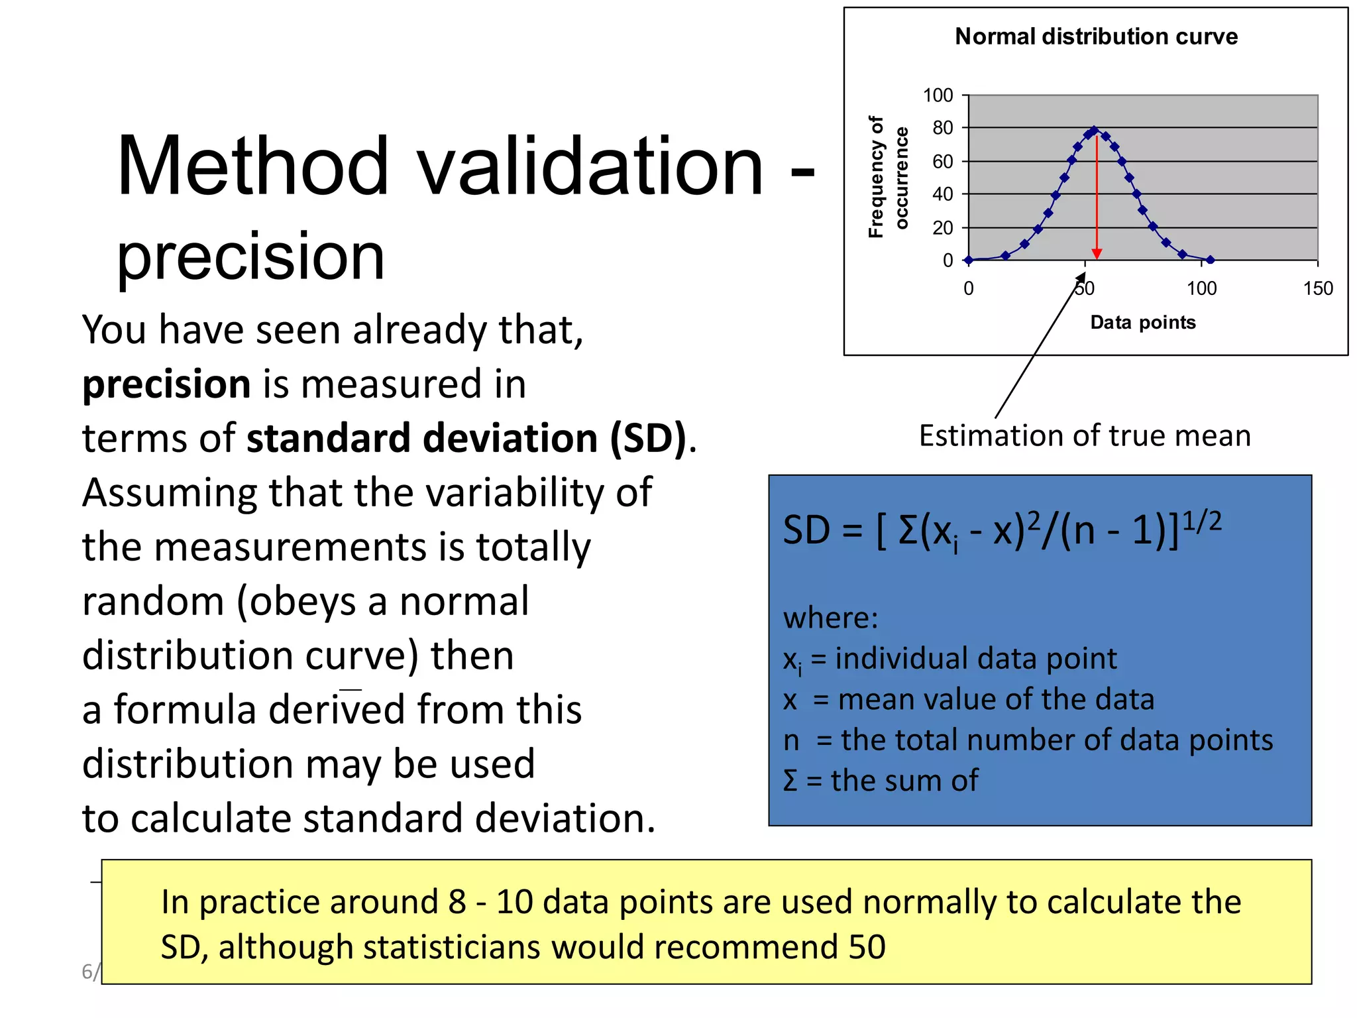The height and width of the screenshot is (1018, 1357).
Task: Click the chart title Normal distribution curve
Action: point(1096,36)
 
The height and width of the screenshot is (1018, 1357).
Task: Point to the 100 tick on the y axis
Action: point(938,95)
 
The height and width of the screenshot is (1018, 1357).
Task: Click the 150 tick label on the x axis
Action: point(1317,288)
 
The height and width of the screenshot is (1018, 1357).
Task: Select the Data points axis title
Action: point(1142,323)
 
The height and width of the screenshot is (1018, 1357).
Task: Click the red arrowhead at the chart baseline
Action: point(1097,254)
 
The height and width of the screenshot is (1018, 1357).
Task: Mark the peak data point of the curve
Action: point(1095,131)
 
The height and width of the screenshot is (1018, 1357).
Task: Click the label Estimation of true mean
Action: point(1085,436)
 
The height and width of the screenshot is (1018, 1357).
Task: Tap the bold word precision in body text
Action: point(166,384)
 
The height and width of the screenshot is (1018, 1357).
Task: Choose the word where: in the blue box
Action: point(830,618)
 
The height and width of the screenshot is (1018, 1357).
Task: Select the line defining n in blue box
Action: point(1027,740)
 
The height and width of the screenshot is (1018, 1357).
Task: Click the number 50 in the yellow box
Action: point(866,947)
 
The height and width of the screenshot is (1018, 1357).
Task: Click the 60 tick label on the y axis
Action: point(942,162)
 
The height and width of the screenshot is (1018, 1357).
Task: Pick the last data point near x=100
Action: point(1210,260)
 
